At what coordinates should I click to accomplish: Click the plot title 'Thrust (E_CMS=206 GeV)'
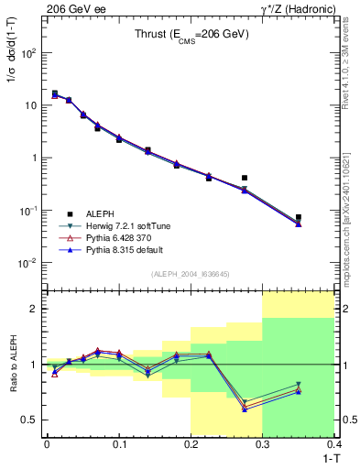pyautogui.click(x=190, y=36)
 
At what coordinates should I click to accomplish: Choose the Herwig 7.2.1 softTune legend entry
pyautogui.click(x=133, y=225)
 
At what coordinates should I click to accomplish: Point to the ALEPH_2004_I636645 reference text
pyautogui.click(x=190, y=275)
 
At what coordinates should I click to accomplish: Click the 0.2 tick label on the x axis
pyautogui.click(x=191, y=444)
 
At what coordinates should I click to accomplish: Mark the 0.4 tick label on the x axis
pyautogui.click(x=333, y=444)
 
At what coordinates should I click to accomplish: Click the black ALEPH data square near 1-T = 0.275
pyautogui.click(x=245, y=178)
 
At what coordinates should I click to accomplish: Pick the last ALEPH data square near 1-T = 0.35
pyautogui.click(x=299, y=217)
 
